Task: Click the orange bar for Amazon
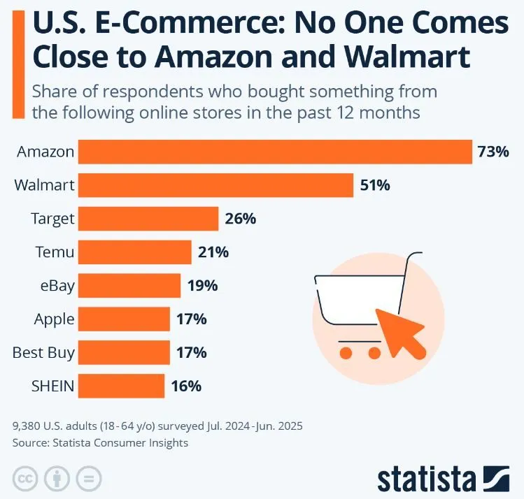tap(275, 152)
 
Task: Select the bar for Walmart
tap(215, 185)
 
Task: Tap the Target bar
tap(148, 219)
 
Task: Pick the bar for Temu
tap(134, 252)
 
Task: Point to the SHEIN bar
tap(121, 386)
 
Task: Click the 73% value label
tap(494, 152)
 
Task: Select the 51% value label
tap(375, 185)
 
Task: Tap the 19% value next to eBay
tap(203, 285)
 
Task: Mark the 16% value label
tap(186, 386)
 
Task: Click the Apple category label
tap(54, 319)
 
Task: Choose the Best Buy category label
tap(43, 352)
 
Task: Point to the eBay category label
tap(57, 285)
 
